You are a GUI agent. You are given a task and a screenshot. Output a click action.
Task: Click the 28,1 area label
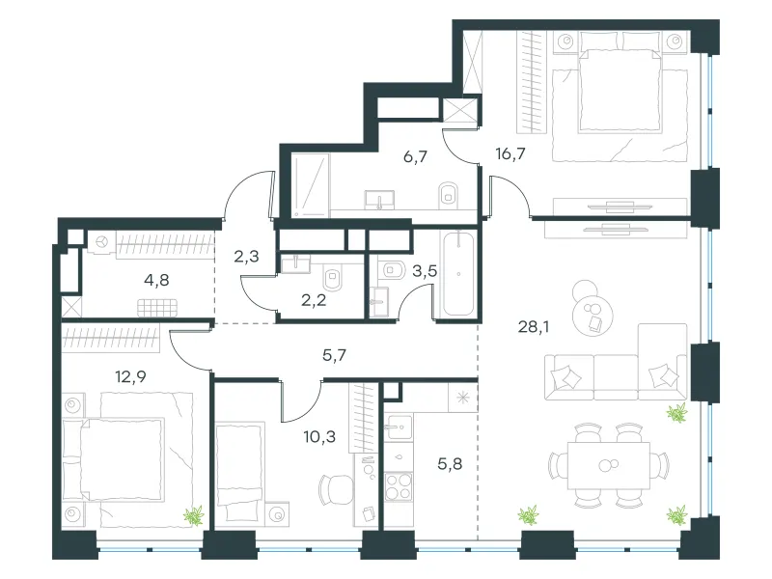tap(534, 326)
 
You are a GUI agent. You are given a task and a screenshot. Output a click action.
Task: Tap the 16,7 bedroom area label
tap(510, 153)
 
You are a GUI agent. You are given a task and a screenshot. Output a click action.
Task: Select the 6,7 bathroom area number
tap(415, 157)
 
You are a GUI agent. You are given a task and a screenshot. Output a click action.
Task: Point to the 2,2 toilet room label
tap(314, 300)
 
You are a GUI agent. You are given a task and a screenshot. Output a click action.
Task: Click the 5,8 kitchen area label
tap(450, 463)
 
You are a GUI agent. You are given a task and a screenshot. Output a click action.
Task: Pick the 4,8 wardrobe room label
tap(156, 280)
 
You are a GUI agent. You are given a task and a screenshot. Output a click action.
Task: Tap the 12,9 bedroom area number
tap(130, 376)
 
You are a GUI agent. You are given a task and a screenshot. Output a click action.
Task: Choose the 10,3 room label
tap(319, 436)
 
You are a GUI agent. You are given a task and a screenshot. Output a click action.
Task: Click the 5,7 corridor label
tap(334, 354)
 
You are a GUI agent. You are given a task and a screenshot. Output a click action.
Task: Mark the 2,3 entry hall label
tap(246, 256)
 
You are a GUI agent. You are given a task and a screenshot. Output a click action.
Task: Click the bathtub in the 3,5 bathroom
tap(458, 274)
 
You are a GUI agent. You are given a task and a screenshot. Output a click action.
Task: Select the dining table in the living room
tap(609, 465)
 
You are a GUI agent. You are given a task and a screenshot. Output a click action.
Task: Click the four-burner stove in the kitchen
tap(399, 486)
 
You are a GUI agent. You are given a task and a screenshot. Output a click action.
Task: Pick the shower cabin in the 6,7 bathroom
tap(310, 185)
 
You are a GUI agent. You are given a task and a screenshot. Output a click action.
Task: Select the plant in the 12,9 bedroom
tap(194, 515)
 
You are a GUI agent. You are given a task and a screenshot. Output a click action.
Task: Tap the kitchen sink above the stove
tap(399, 427)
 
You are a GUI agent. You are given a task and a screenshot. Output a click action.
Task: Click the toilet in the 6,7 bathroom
tap(448, 195)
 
